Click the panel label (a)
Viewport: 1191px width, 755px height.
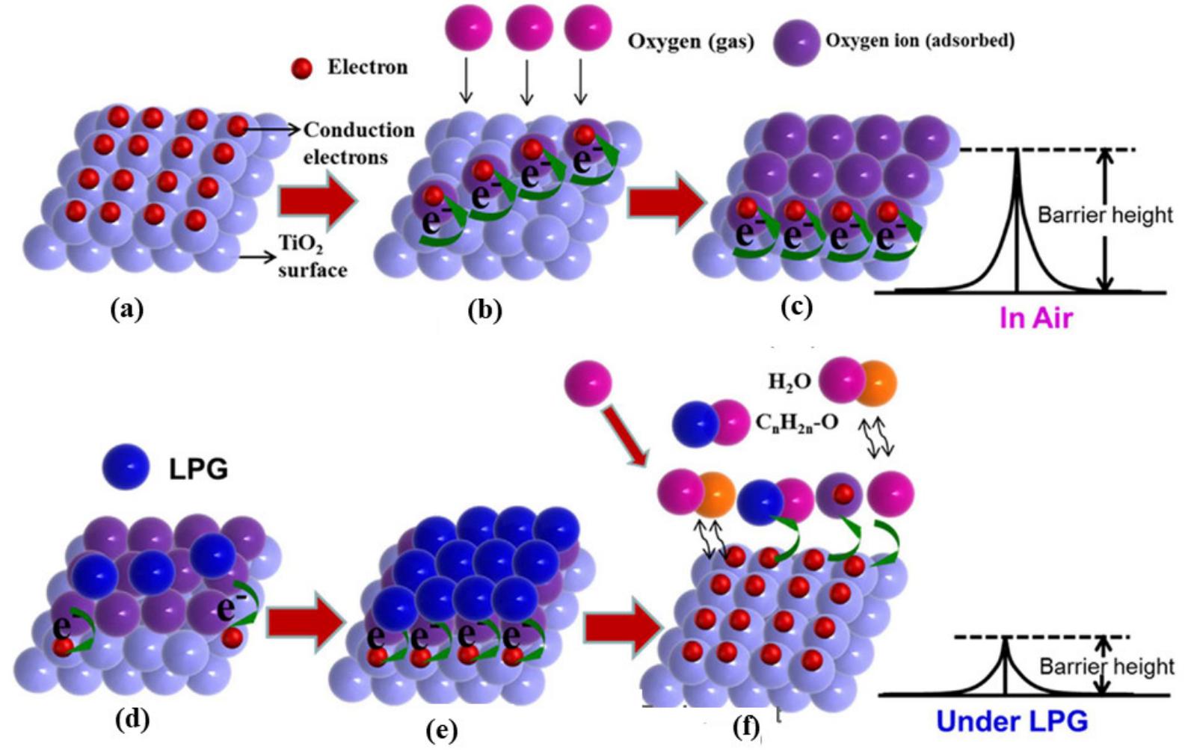click(x=126, y=307)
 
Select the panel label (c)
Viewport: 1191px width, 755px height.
click(x=795, y=306)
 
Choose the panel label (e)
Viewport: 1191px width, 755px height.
click(x=441, y=730)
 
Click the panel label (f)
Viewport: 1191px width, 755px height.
click(x=746, y=727)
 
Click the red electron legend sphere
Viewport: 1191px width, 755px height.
click(x=301, y=69)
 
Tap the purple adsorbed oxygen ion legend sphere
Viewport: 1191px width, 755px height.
click(x=796, y=43)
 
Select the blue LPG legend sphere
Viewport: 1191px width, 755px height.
click(x=126, y=467)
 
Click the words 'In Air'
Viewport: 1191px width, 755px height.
click(x=1035, y=318)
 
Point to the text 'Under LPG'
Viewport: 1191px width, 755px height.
click(x=1012, y=721)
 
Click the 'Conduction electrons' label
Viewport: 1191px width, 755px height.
click(x=357, y=143)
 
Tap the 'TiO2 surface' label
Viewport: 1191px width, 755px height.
click(x=312, y=256)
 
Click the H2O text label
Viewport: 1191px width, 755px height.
click(x=790, y=381)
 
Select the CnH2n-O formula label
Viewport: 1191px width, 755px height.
click(x=796, y=423)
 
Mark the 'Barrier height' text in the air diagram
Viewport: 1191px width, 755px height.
click(x=1105, y=215)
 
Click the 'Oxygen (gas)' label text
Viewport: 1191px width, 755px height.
click(x=690, y=41)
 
